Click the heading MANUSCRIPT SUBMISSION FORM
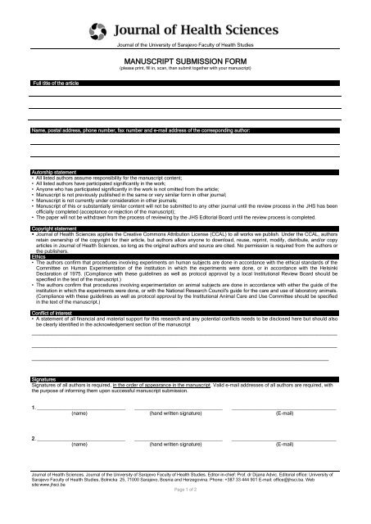point(186,61)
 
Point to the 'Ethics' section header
point(39,278)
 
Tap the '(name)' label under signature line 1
point(80,414)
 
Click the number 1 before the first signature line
point(31,407)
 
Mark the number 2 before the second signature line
point(31,436)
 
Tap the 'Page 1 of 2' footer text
point(185,510)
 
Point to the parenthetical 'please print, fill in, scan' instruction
point(185,69)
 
